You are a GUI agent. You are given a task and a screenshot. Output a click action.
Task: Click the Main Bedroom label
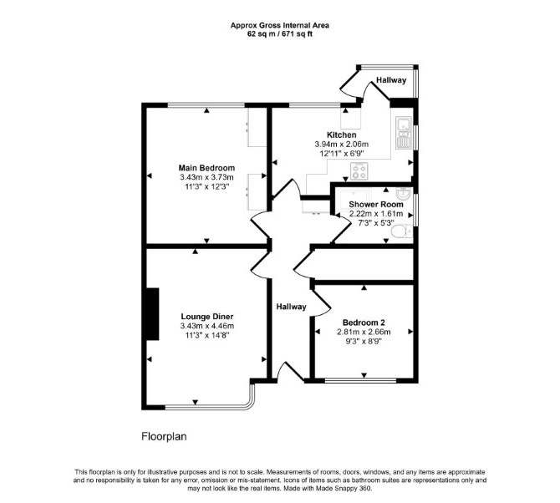click(x=206, y=168)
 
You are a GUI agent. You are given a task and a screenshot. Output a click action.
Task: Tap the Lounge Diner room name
click(x=207, y=317)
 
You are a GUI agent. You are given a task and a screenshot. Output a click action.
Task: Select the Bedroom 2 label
click(x=364, y=323)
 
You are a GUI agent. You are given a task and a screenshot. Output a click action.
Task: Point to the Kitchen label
click(x=342, y=135)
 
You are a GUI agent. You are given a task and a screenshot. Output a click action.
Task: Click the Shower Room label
click(x=376, y=205)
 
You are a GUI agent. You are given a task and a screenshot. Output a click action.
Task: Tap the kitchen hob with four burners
click(x=359, y=170)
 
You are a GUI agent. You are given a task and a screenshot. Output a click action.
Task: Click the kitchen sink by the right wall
click(x=404, y=133)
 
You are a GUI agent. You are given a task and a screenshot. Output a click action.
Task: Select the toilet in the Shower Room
click(x=401, y=231)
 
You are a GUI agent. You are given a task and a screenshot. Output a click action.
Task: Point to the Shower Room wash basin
click(x=404, y=195)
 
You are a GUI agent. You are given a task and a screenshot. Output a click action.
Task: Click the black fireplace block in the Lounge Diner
click(x=152, y=314)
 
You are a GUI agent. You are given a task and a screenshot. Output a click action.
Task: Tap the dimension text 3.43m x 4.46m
click(x=207, y=326)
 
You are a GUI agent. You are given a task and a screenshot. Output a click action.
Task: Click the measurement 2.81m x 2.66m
click(x=364, y=332)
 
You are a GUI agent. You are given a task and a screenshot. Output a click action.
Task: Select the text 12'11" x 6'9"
click(x=342, y=154)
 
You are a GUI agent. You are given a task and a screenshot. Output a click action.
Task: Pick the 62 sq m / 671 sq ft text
click(x=280, y=34)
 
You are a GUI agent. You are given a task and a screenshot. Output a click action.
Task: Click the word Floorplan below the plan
click(x=165, y=437)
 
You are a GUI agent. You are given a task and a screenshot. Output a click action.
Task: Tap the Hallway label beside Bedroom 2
click(x=292, y=307)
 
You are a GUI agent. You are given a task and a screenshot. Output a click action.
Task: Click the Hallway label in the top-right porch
click(x=391, y=80)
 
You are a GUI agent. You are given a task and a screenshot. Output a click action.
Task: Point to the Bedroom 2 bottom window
click(x=361, y=380)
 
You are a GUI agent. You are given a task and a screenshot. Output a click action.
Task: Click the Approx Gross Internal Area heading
click(x=280, y=25)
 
